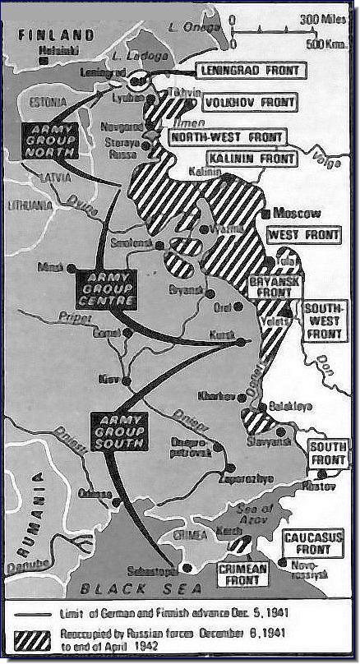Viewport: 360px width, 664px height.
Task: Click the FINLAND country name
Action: (55, 35)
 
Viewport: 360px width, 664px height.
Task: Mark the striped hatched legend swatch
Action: (42, 638)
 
